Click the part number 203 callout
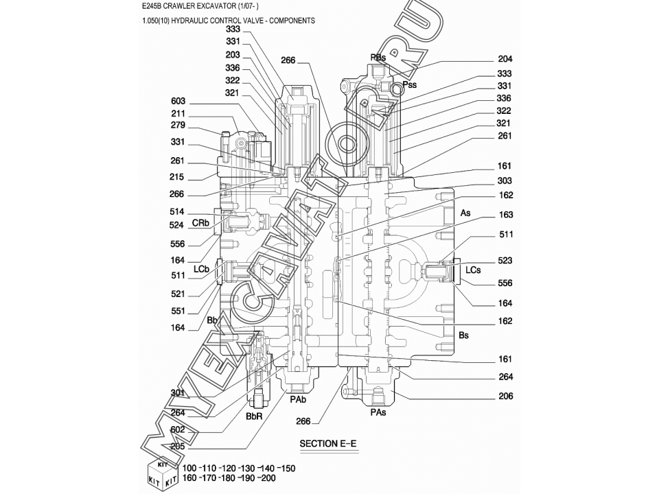pyautogui.click(x=233, y=55)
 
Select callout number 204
pyautogui.click(x=505, y=59)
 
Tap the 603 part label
pyautogui.click(x=178, y=102)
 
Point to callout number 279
pyautogui.click(x=178, y=125)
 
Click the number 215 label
pyautogui.click(x=176, y=177)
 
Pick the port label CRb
pyautogui.click(x=200, y=222)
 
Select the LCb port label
pyautogui.click(x=201, y=269)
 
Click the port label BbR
pyautogui.click(x=254, y=416)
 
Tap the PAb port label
pyautogui.click(x=298, y=399)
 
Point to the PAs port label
pyautogui.click(x=378, y=413)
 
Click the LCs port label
pyautogui.click(x=473, y=270)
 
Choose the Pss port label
pyautogui.click(x=409, y=84)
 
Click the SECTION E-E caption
pyautogui.click(x=328, y=444)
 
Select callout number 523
pyautogui.click(x=505, y=261)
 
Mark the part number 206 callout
pyautogui.click(x=506, y=396)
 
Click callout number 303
pyautogui.click(x=505, y=180)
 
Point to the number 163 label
pyautogui.click(x=506, y=215)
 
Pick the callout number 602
pyautogui.click(x=178, y=430)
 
